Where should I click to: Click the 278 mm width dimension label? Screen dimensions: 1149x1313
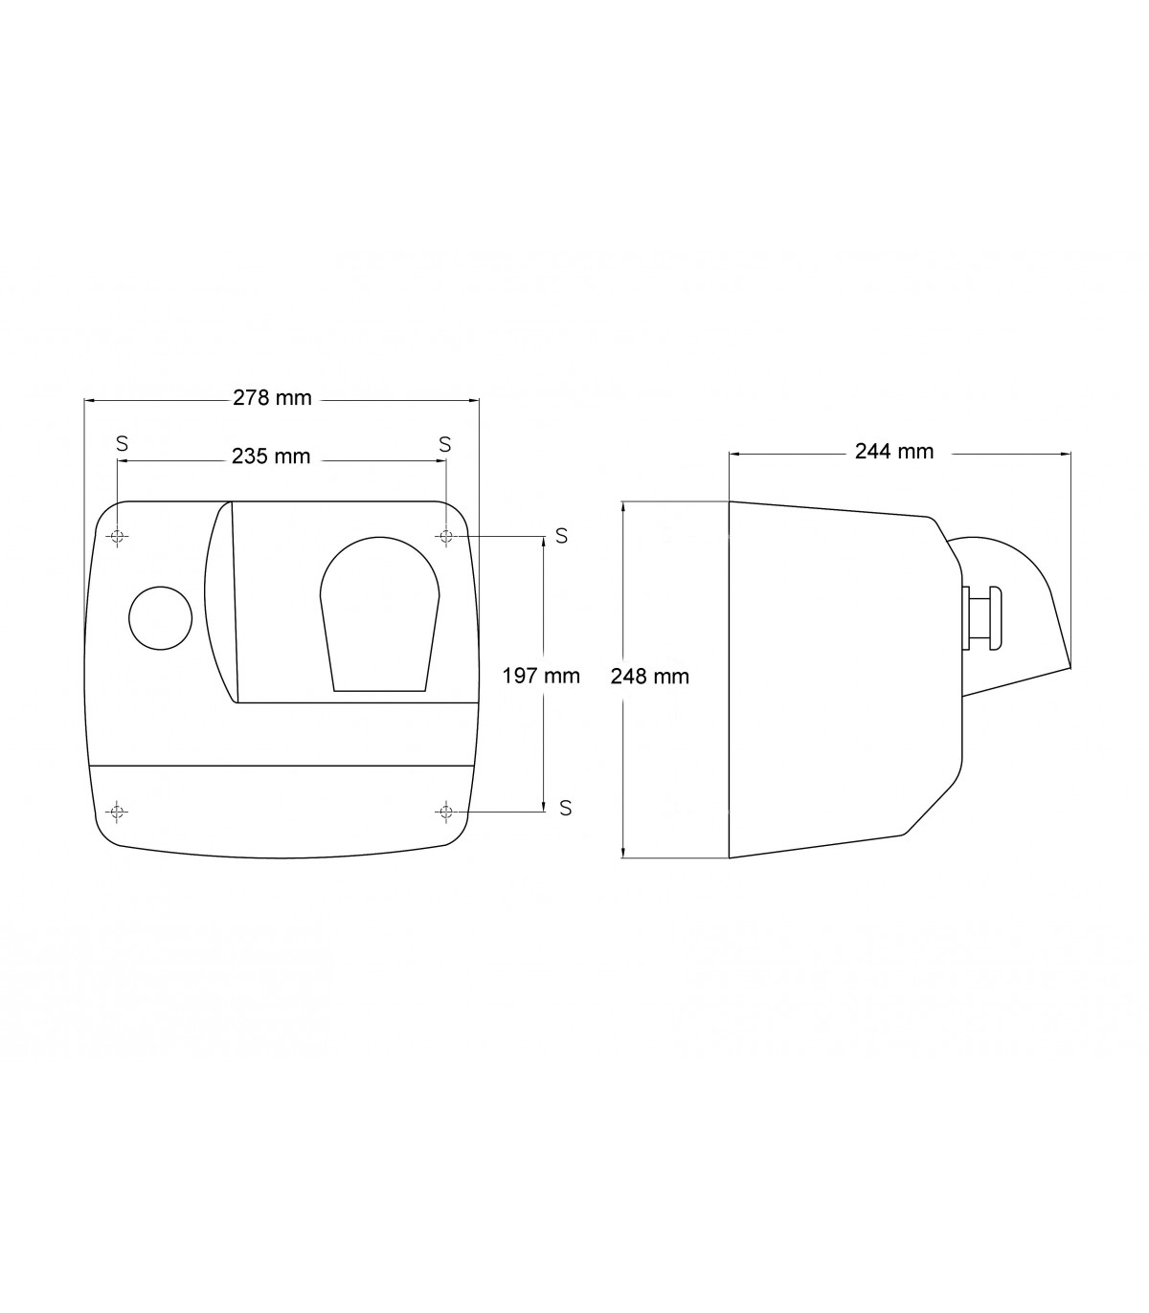[x=272, y=398]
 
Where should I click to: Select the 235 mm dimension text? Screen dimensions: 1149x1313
[x=271, y=456]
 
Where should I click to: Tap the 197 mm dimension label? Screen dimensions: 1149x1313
[x=540, y=676]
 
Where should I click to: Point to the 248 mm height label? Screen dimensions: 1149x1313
[x=649, y=677]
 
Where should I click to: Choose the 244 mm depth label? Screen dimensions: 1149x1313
[x=894, y=452]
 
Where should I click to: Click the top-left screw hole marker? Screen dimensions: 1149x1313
[x=117, y=536]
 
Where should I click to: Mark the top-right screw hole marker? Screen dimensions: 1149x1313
[x=446, y=536]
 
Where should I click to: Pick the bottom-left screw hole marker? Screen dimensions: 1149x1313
[x=117, y=812]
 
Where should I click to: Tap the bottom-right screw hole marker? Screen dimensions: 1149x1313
[x=446, y=812]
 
